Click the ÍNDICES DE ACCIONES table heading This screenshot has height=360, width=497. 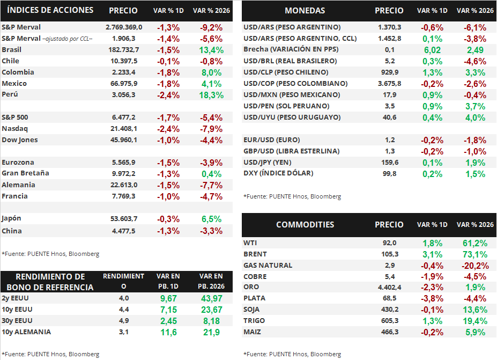click(x=51, y=10)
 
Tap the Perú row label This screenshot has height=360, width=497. click(x=11, y=94)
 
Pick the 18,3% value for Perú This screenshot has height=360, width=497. click(x=211, y=94)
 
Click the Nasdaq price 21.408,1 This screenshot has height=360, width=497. click(x=123, y=129)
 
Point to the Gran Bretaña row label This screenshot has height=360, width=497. click(x=25, y=173)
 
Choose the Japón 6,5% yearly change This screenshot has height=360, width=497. click(x=211, y=219)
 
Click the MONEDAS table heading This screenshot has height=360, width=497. click(x=305, y=11)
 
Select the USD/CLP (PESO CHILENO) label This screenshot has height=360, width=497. click(x=293, y=72)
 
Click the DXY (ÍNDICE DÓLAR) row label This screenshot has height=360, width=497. click(x=278, y=173)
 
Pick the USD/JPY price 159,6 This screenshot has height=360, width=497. click(x=389, y=162)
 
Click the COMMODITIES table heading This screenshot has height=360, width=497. click(x=305, y=225)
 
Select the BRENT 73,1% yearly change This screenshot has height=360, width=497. click(x=475, y=254)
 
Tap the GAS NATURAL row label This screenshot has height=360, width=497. click(x=268, y=266)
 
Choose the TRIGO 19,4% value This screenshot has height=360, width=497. click(x=475, y=321)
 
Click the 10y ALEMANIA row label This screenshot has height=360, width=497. click(x=26, y=332)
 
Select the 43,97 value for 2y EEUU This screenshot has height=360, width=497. click(x=211, y=298)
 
